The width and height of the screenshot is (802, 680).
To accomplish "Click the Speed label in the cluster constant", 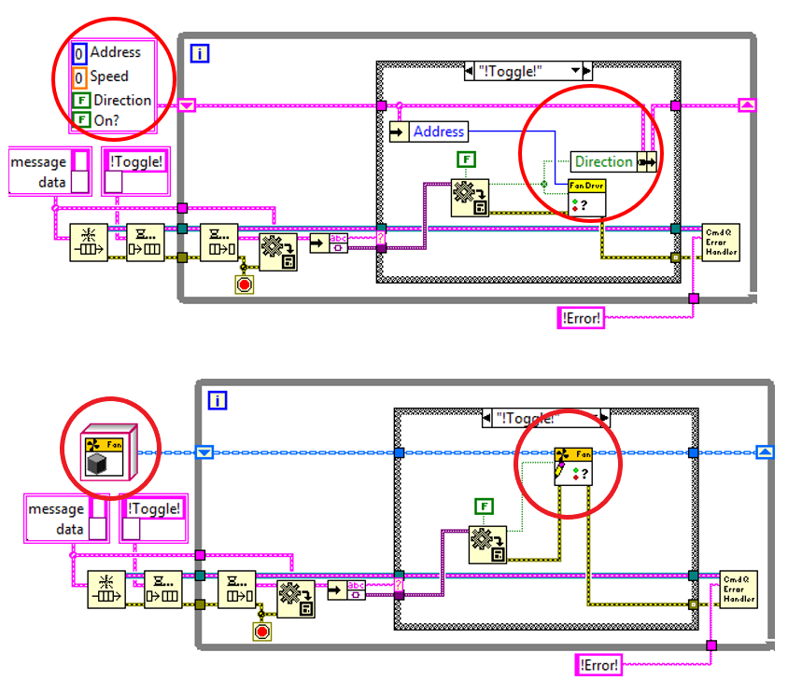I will [x=108, y=76].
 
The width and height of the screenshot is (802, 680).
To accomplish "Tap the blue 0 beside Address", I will [x=79, y=53].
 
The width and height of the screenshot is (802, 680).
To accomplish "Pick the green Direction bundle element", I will [x=602, y=161].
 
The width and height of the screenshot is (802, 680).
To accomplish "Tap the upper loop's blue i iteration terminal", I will [x=200, y=53].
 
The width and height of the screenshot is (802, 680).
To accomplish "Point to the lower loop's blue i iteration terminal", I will [x=217, y=400].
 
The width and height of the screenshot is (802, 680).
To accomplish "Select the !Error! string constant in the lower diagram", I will [x=598, y=664].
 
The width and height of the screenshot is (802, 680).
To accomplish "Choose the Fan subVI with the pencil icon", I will [x=573, y=465].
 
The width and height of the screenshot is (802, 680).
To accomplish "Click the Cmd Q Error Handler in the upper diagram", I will [x=720, y=241].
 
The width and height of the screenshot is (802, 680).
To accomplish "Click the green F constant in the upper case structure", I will [x=466, y=160].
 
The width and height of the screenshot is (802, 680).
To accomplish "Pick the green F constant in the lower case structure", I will [x=484, y=507].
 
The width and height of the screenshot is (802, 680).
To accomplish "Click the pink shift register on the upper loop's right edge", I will [x=746, y=105].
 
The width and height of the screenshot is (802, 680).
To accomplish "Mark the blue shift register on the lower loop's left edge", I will [x=205, y=452].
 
